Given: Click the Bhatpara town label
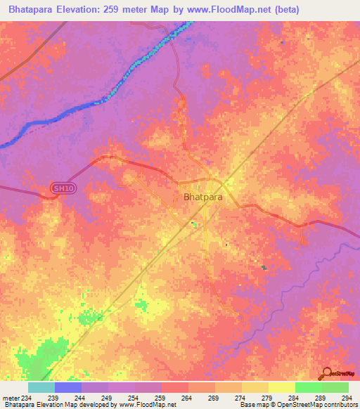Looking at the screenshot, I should click(202, 197).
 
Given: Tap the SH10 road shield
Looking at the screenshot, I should click(62, 188).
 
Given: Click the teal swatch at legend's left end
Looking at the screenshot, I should click(41, 387).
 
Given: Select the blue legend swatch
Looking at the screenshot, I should click(68, 387).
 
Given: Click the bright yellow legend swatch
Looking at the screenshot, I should click(281, 387).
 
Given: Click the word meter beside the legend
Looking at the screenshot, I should click(10, 397).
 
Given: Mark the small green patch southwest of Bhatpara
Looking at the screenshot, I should click(141, 305).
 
